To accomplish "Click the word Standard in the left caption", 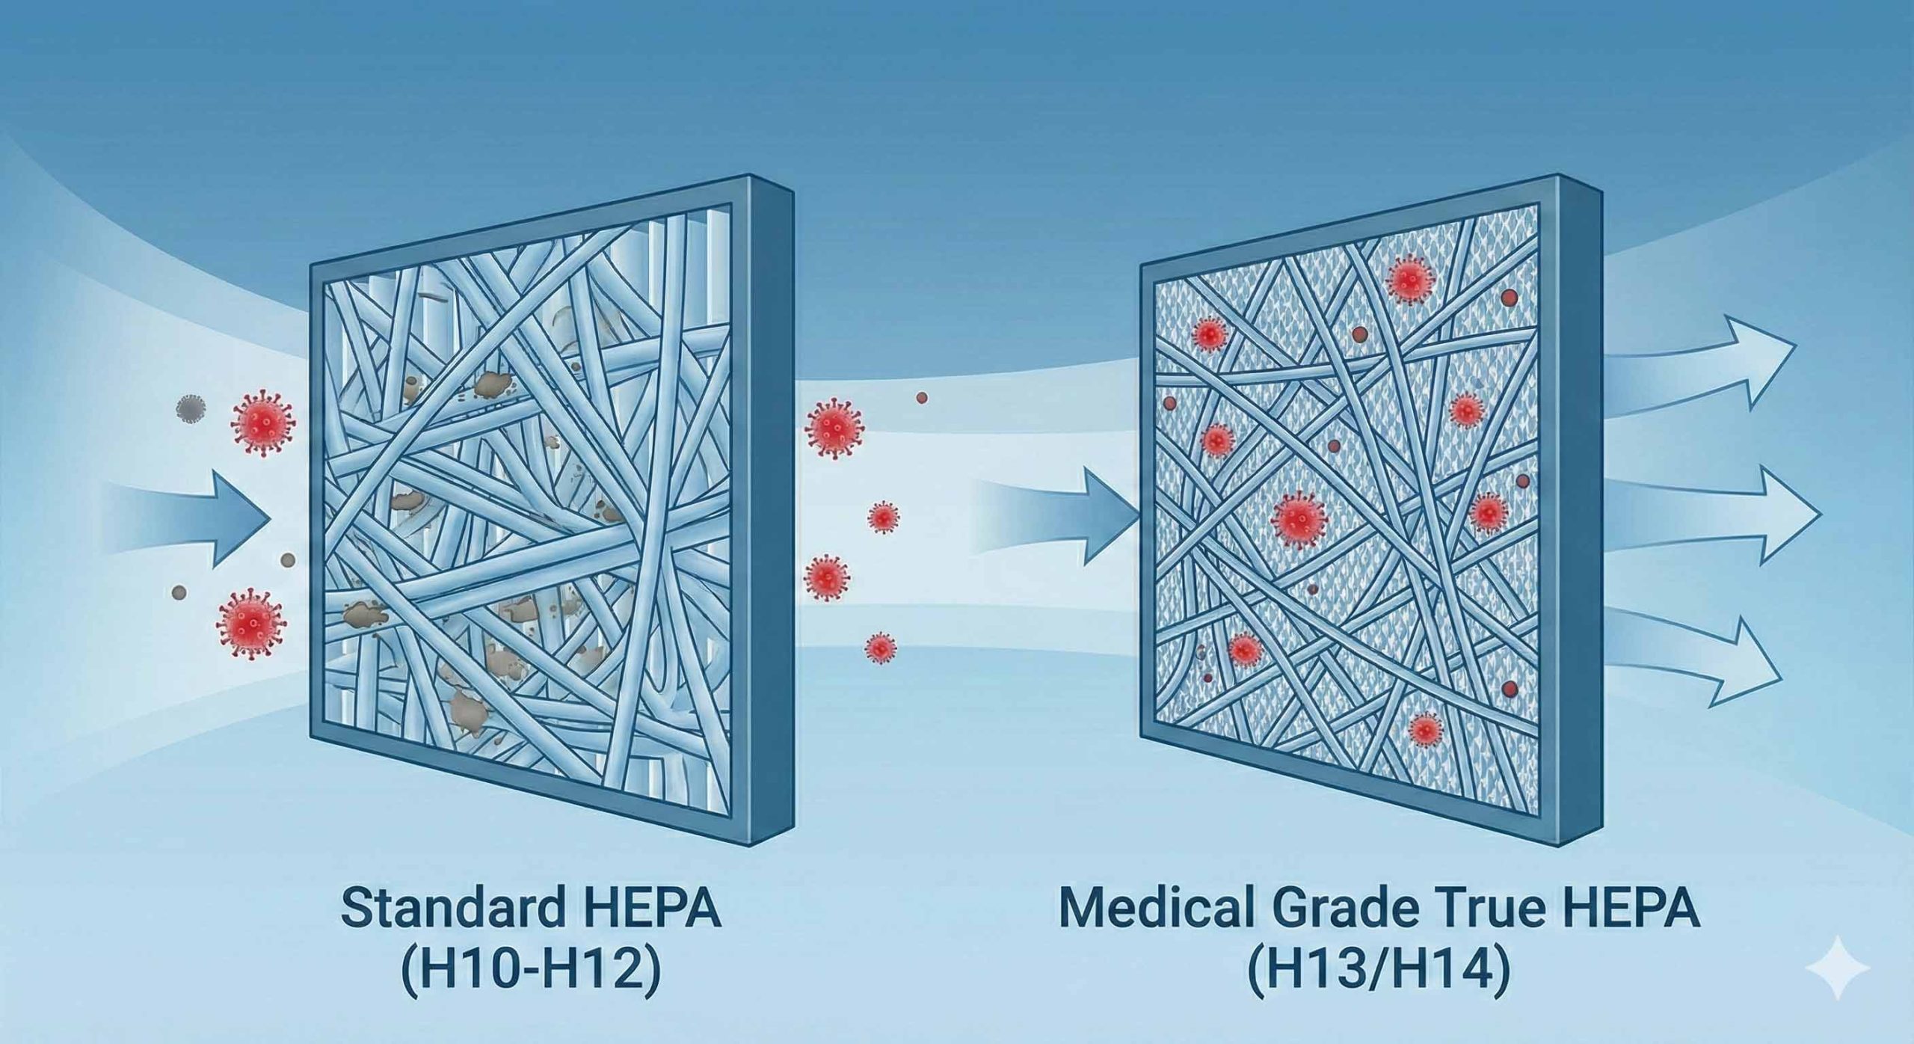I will click(x=446, y=909).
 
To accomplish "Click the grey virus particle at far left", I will click(x=190, y=408).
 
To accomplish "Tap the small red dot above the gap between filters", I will click(x=922, y=399).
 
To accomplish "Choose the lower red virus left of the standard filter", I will click(x=250, y=622).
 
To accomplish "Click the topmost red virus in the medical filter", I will click(x=1409, y=280).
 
